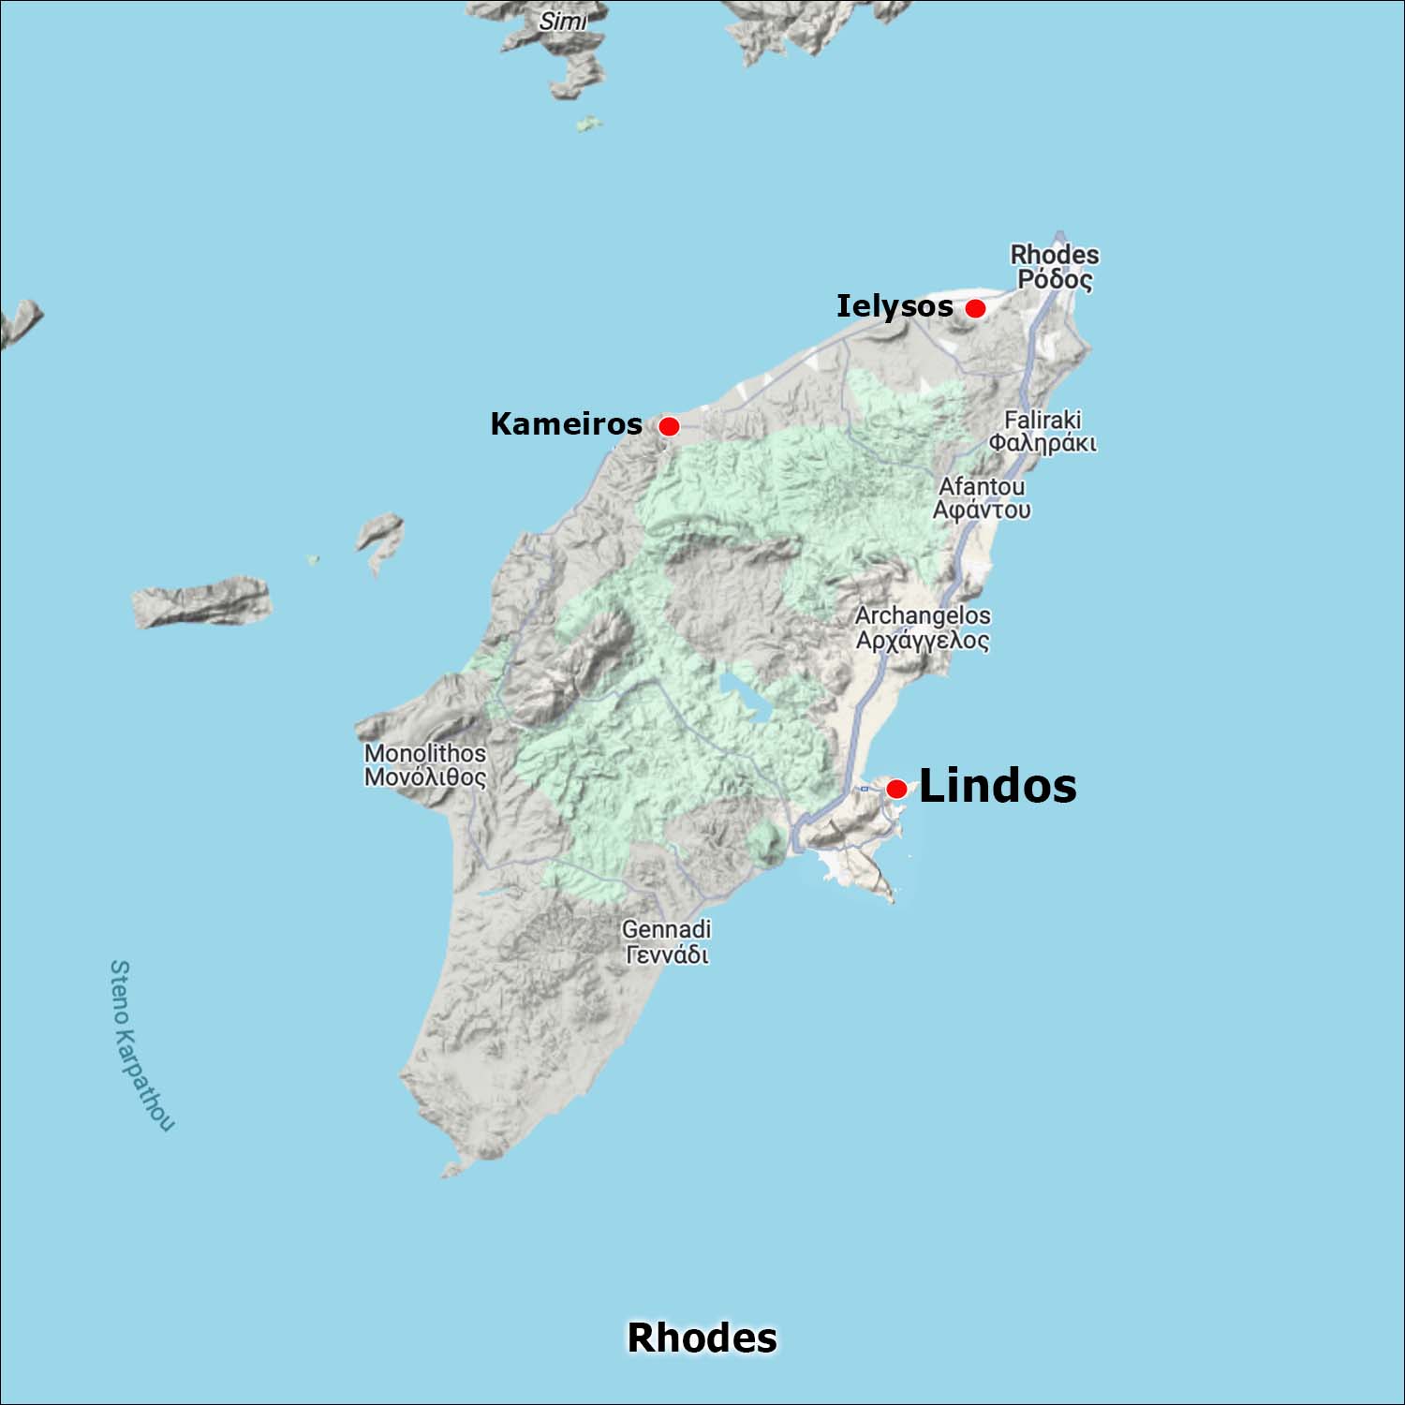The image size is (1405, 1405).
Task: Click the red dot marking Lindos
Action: (896, 789)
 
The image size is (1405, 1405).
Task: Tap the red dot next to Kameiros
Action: (669, 426)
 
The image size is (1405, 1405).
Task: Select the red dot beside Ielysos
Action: (975, 308)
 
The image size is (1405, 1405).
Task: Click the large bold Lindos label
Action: (998, 786)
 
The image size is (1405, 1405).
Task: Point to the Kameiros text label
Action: (566, 424)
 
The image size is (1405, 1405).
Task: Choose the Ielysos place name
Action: (895, 306)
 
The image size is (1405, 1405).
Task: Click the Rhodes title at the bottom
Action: (702, 1338)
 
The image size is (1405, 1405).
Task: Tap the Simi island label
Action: (562, 21)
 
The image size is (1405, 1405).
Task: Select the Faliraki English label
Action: (1043, 420)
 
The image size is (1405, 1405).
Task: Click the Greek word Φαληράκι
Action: (1043, 443)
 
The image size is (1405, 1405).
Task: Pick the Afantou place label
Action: (982, 486)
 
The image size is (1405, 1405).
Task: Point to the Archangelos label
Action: (923, 615)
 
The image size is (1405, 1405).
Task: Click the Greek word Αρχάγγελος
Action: (923, 641)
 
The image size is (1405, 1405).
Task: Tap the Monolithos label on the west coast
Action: (425, 753)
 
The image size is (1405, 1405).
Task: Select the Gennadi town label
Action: (666, 929)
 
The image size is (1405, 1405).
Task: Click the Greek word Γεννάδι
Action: (666, 954)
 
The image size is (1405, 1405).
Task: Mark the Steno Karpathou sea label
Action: (140, 1044)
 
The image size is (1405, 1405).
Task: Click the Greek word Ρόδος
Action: (1055, 279)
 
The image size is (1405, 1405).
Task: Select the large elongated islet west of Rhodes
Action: (201, 601)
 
